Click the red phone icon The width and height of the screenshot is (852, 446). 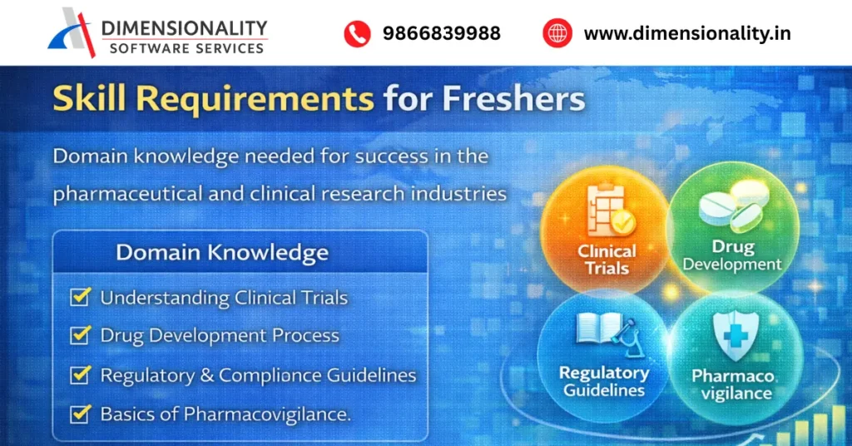point(357,33)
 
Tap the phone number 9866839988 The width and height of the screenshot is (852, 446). point(441,33)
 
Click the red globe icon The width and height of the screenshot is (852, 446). point(557,33)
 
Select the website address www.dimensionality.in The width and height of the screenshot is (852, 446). point(687,33)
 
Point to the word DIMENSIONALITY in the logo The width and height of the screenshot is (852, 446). point(184,27)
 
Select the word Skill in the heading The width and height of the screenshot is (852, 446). point(88,99)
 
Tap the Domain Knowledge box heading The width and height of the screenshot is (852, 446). point(222,252)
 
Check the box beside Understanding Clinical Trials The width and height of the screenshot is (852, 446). point(81,297)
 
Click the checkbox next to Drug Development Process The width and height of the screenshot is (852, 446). point(81,335)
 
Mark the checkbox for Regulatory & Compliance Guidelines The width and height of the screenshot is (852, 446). point(81,374)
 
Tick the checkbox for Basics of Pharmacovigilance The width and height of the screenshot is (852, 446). point(81,413)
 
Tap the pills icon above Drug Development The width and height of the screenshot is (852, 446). point(732,211)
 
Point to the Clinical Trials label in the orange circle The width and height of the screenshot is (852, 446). point(607,260)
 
